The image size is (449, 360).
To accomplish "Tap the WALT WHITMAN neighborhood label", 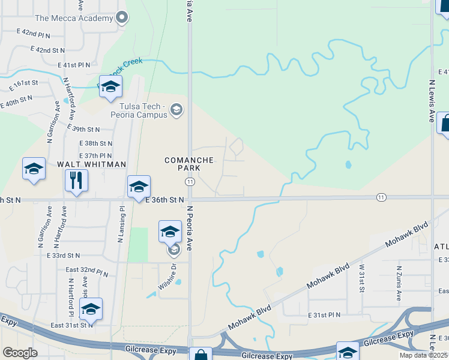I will click(x=91, y=164).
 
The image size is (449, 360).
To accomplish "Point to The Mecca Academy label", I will click(x=74, y=18).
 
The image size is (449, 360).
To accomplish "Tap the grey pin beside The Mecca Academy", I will click(x=123, y=17).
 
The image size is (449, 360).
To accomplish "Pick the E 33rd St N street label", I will click(x=63, y=256).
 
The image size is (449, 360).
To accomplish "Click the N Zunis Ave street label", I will click(x=399, y=284).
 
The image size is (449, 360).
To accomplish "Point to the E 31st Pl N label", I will click(x=324, y=315).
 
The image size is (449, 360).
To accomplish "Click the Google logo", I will click(x=20, y=353).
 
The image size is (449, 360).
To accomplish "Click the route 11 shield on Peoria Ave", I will click(x=190, y=181).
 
